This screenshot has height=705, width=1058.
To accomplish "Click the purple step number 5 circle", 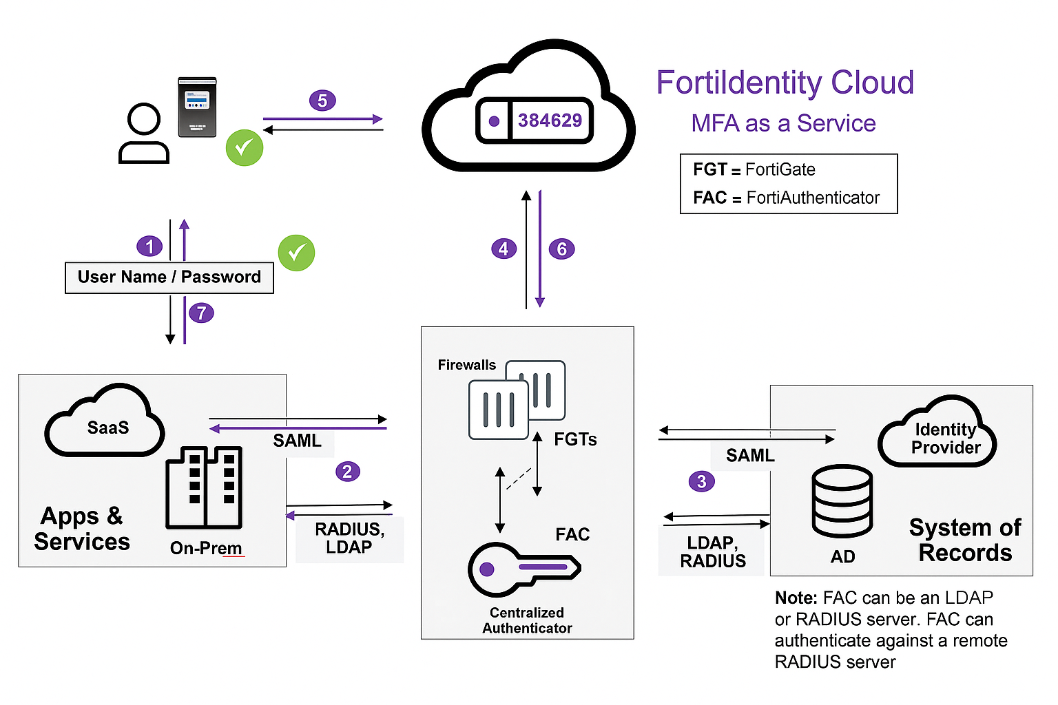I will pos(322,101).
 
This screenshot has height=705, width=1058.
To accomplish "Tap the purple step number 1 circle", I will pos(149,246).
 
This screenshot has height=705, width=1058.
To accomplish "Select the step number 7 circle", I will pos(202,313).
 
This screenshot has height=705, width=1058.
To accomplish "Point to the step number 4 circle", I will pos(504,249).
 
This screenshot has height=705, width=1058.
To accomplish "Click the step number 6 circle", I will pos(561,249).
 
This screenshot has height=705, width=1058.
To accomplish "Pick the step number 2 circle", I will pos(347,472).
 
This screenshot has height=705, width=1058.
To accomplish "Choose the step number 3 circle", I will pos(701,481).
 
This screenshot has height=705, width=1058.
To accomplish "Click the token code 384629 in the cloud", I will pos(550,120).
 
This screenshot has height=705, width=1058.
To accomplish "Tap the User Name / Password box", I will pos(169,277).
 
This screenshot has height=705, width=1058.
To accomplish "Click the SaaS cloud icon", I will pos(105,423).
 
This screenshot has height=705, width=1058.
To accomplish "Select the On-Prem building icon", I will pos(204,487).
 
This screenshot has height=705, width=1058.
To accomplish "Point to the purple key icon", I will pos(523,569).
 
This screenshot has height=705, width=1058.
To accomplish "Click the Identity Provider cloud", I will pos(938,434).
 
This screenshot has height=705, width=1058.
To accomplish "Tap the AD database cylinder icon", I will pos(842,501).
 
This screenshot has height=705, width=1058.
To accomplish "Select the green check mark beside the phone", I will pos(245,147).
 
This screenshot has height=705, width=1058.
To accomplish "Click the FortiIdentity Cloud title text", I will pos(785,83).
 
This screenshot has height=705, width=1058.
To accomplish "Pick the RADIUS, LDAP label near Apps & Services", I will pos(349,538).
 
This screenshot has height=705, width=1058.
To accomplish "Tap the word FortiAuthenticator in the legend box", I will pos(813,198).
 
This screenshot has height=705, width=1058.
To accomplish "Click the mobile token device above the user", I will pos(198,107).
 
